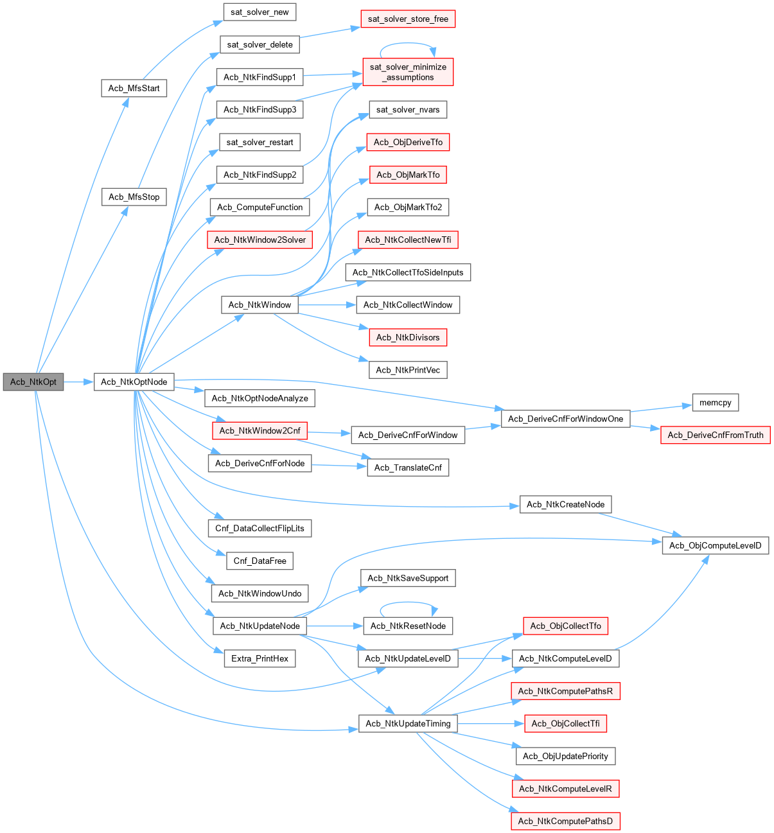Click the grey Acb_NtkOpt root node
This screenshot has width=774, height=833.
click(x=33, y=381)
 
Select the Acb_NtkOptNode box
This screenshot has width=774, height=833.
click(x=134, y=381)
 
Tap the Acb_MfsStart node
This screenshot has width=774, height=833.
click(x=134, y=88)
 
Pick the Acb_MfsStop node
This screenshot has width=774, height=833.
click(x=134, y=197)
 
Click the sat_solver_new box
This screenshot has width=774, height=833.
click(x=259, y=12)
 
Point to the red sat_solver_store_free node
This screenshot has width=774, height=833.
click(x=408, y=19)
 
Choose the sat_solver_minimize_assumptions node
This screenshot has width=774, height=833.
click(x=408, y=72)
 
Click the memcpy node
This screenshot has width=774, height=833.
click(x=716, y=403)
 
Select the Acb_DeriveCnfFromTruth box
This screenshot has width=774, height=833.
click(x=716, y=435)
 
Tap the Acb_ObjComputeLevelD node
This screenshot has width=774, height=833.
click(x=715, y=545)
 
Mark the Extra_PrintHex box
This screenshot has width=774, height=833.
click(x=259, y=658)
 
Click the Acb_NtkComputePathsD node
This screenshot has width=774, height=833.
click(x=565, y=821)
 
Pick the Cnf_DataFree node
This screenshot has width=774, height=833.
click(x=259, y=561)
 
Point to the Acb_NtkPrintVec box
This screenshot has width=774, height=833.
click(x=408, y=370)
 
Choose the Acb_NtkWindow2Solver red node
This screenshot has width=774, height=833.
click(x=259, y=240)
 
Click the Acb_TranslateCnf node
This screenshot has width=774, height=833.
click(x=408, y=468)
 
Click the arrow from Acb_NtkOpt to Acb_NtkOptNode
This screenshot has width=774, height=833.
click(x=78, y=382)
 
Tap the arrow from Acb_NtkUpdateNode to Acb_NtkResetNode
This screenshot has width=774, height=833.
click(x=334, y=626)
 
